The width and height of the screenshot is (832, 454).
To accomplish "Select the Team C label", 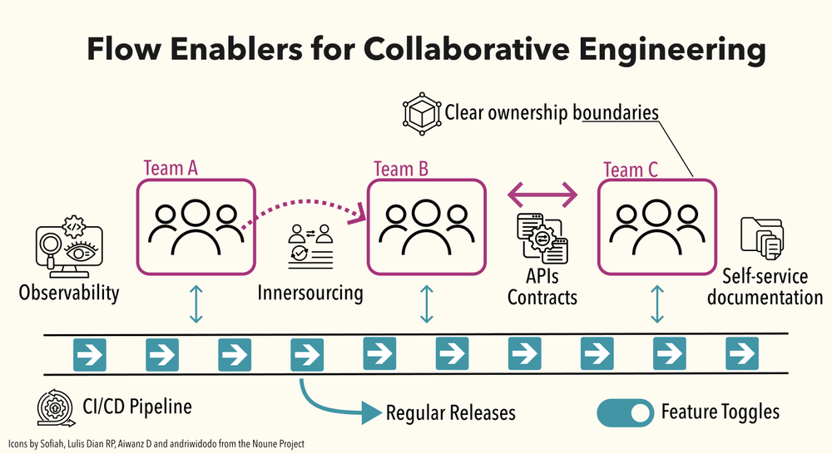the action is click(x=630, y=170).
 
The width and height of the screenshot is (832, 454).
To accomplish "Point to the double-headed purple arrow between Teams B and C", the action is click(x=542, y=195).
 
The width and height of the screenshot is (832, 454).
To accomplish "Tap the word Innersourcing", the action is click(x=310, y=293).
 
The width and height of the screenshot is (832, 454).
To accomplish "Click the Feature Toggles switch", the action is click(x=625, y=412).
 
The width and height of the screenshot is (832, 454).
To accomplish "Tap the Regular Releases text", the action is click(x=450, y=412).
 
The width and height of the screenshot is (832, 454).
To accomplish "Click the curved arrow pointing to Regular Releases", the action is click(x=333, y=402).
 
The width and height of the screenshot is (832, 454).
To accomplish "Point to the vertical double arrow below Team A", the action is click(x=196, y=304).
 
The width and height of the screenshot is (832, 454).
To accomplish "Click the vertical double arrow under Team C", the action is click(x=657, y=304).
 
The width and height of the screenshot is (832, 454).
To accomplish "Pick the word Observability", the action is click(x=69, y=293).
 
